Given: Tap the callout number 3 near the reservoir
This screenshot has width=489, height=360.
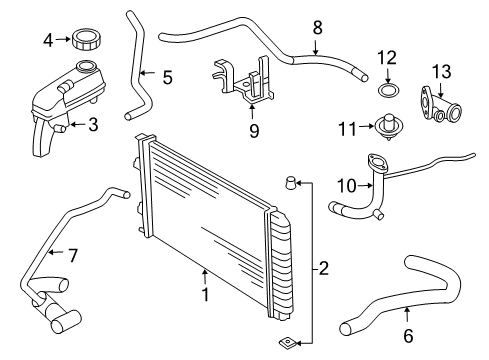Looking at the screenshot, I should click(x=93, y=125).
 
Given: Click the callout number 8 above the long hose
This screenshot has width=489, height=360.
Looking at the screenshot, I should click(x=317, y=27).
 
